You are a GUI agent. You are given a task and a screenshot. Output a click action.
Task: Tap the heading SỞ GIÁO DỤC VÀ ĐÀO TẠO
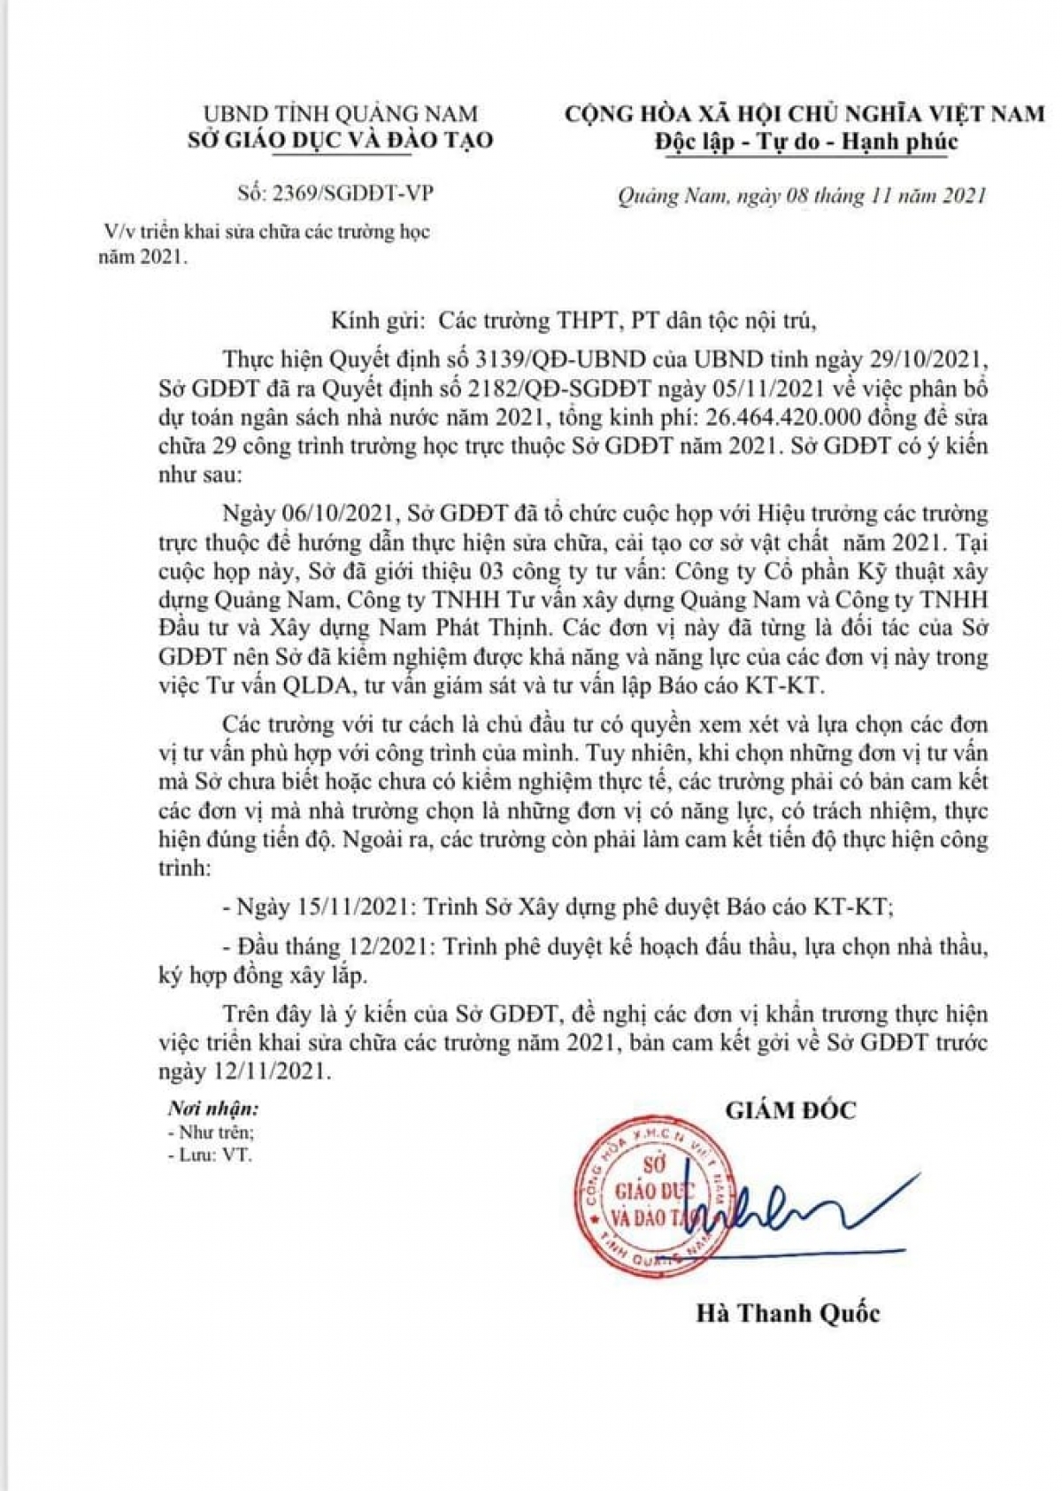[341, 140]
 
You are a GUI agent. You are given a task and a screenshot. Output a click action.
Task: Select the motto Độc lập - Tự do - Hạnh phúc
[806, 142]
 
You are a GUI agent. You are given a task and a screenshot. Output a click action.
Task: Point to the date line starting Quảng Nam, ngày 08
[802, 196]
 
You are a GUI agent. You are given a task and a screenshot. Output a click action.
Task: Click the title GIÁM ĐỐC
[790, 1110]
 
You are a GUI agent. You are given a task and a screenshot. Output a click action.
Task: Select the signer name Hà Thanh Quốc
[788, 1312]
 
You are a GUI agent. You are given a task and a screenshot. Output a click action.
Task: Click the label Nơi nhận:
[213, 1109]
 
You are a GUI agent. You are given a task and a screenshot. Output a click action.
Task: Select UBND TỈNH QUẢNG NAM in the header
[340, 113]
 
